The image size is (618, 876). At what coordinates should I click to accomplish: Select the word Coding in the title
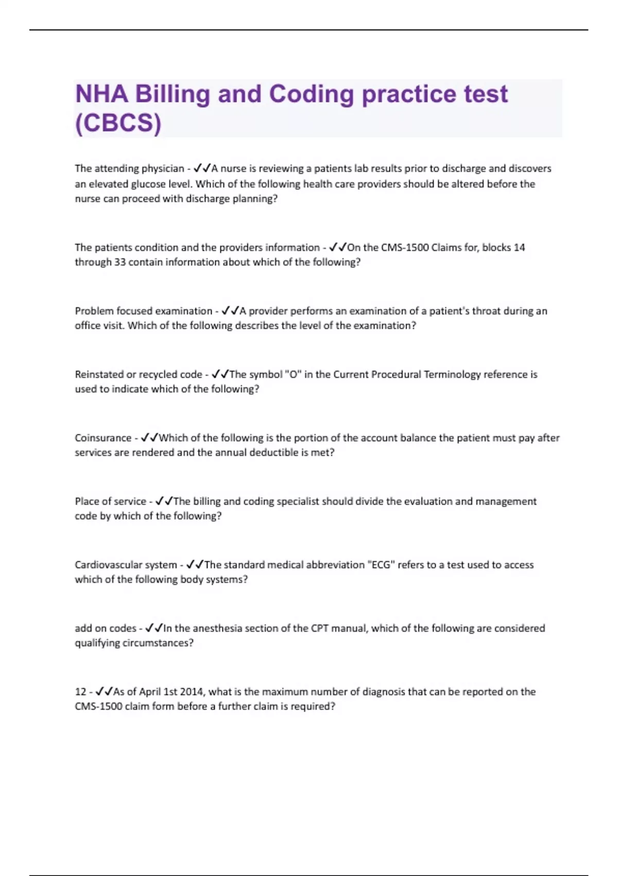click(x=311, y=95)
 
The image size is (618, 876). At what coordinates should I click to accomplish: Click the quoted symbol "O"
click(x=293, y=374)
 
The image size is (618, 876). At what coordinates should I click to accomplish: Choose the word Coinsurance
click(x=103, y=438)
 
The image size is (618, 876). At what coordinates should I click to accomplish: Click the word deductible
click(x=274, y=452)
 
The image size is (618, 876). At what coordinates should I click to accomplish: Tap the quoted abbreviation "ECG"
click(x=381, y=565)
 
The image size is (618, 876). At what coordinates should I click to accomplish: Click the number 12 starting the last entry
click(x=80, y=692)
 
